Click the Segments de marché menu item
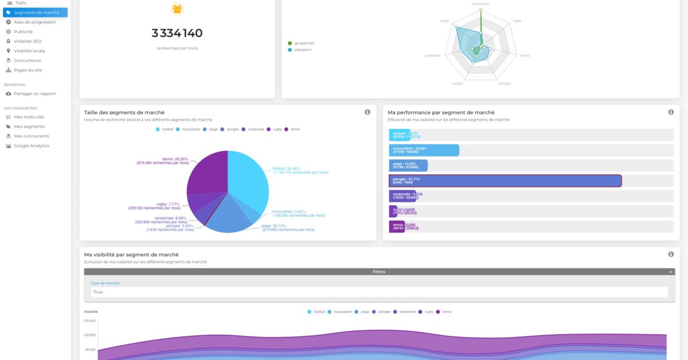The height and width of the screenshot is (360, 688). tap(36, 12)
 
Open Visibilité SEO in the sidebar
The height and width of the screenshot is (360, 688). tap(28, 41)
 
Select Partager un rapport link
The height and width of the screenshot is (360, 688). tap(34, 93)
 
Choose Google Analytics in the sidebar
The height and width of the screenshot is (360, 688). tap(31, 146)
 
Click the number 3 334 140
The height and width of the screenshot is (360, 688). tap(177, 33)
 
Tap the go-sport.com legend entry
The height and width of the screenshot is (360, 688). tap(304, 43)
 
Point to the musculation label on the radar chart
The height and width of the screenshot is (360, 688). tap(480, 4)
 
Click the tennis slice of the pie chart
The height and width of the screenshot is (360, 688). tap(206, 172)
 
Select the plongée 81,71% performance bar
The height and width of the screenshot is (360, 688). tap(505, 181)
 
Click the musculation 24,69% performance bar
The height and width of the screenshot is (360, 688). tap(424, 150)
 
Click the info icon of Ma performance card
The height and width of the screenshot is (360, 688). tap(671, 112)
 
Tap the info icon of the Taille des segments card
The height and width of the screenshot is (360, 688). tap(368, 112)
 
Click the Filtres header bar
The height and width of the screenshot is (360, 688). tap(378, 272)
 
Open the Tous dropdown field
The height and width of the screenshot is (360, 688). tap(378, 292)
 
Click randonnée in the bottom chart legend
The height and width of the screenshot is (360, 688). tap(407, 312)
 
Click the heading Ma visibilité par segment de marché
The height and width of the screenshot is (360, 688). tap(131, 255)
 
